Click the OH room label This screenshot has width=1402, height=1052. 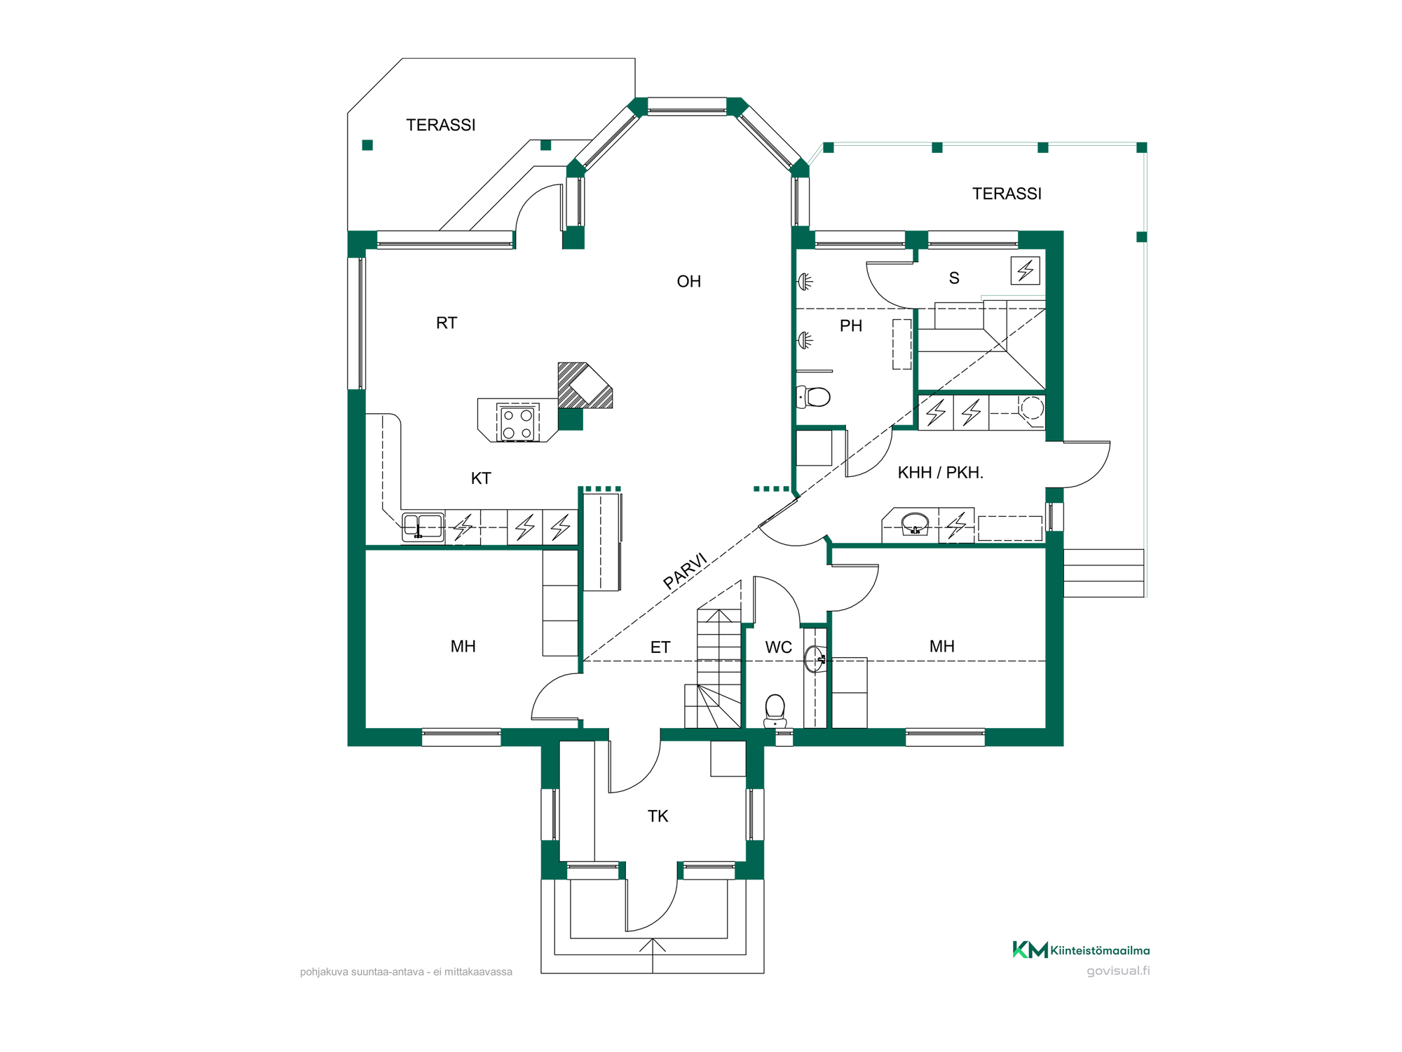688,281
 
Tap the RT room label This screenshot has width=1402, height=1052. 447,323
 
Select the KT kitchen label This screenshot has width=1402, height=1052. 481,478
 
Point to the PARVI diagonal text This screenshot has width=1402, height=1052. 686,571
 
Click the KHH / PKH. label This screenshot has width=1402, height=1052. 940,473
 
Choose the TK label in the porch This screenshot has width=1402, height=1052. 658,816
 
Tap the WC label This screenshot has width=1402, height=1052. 778,647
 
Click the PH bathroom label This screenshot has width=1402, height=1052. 850,325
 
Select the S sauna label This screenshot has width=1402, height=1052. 954,278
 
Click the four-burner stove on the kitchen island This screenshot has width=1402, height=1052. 518,423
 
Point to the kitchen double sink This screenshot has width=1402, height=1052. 423,527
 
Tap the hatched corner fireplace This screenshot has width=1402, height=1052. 585,386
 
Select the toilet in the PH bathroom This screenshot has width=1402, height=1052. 813,397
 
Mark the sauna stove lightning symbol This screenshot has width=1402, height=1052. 1025,270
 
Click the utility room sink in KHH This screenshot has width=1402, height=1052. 915,524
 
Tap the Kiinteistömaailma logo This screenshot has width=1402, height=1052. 1081,950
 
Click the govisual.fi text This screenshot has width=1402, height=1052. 1118,971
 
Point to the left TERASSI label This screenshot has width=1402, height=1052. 441,125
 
